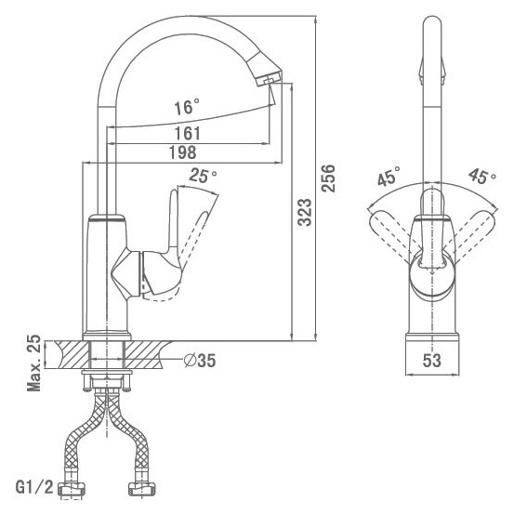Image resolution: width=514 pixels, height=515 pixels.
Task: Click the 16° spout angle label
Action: [187, 107]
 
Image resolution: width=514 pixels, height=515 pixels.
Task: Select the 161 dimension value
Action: [187, 133]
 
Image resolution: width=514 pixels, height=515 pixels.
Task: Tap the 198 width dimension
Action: [182, 152]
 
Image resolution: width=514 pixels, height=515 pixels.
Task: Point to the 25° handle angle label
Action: [203, 176]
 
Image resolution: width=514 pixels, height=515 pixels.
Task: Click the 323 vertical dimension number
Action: [305, 212]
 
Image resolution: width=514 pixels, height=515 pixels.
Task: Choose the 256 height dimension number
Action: [328, 178]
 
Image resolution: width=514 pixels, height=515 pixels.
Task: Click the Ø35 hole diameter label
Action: [200, 361]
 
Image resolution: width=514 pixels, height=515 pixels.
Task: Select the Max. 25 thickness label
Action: [33, 363]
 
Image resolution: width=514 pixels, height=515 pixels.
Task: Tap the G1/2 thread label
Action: [34, 487]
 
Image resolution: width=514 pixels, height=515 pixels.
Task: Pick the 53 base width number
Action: [431, 361]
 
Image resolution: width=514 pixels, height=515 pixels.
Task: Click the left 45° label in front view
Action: [389, 176]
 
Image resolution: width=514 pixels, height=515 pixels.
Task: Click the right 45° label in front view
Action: [482, 176]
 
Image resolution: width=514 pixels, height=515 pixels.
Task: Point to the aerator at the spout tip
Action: [269, 78]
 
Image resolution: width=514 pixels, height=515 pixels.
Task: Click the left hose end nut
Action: [72, 489]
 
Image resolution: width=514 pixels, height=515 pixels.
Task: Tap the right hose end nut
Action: [141, 489]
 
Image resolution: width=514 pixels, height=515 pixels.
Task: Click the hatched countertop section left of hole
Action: [72, 355]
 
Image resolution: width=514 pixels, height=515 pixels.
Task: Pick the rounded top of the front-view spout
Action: [432, 22]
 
